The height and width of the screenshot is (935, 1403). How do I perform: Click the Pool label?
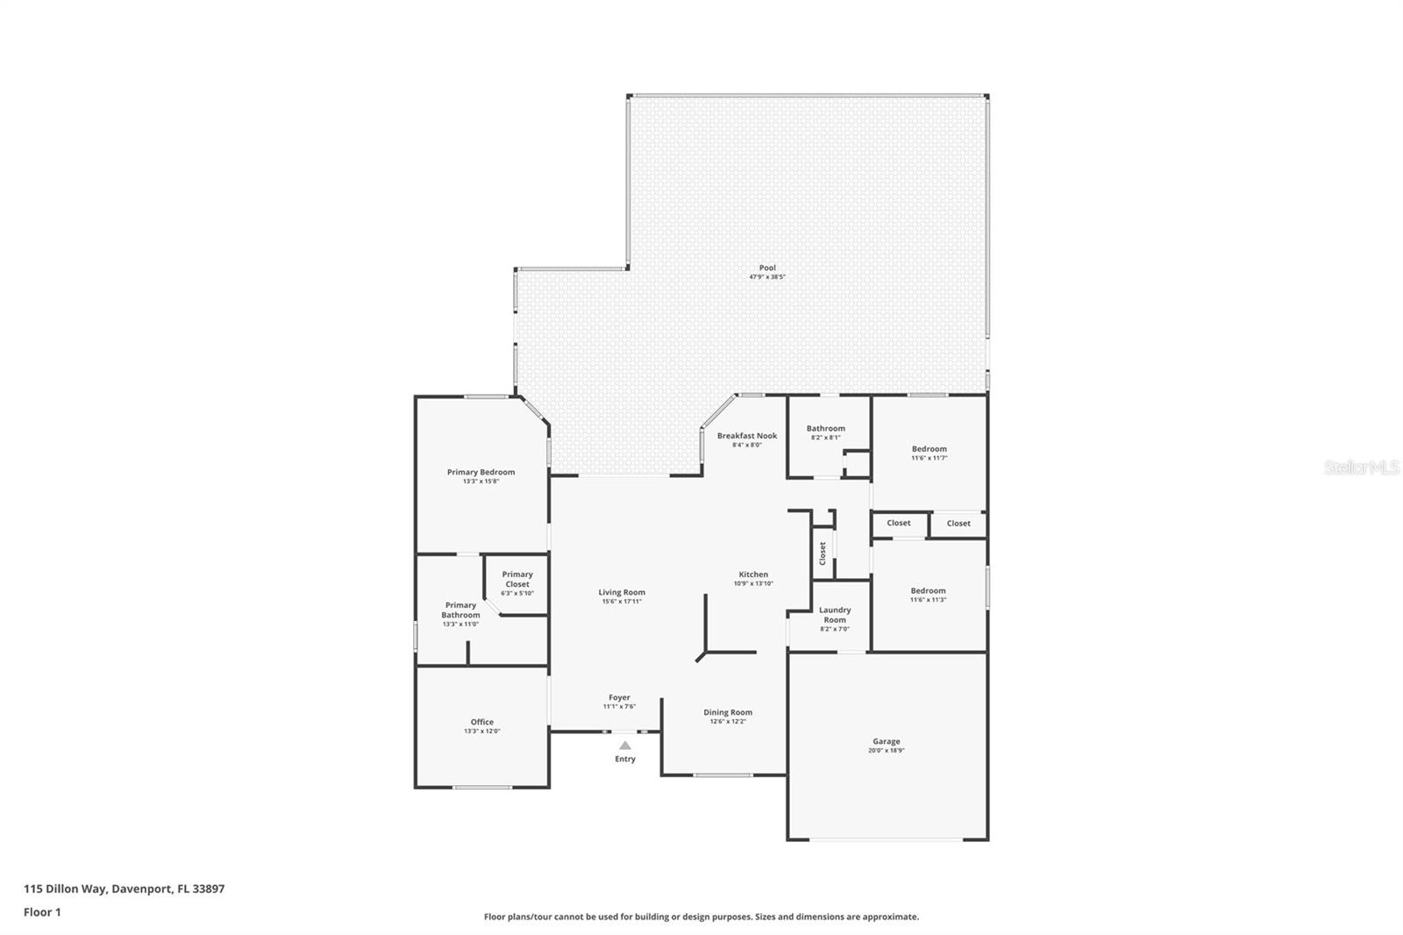(x=767, y=268)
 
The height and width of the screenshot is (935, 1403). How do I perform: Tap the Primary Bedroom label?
(x=481, y=472)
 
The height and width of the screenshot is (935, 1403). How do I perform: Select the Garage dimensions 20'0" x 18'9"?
(x=887, y=750)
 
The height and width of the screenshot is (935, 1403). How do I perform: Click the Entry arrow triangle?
(x=625, y=746)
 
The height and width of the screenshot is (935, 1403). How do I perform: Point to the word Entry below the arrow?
(x=625, y=759)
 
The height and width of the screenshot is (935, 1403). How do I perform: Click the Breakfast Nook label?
(x=747, y=436)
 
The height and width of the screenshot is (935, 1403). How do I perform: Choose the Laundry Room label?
(x=835, y=615)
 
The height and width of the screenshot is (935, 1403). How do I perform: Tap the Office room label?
(x=482, y=722)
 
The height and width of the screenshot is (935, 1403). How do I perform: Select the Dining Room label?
(x=728, y=712)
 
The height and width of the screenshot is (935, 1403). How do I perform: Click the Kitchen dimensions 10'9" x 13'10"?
(x=753, y=583)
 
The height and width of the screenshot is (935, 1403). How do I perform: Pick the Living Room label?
(x=622, y=592)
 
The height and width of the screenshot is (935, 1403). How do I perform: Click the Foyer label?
(x=619, y=697)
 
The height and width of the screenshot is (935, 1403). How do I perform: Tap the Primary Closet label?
(x=517, y=579)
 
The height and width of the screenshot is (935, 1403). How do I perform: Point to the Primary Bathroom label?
(x=461, y=610)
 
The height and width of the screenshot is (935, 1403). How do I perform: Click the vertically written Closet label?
(x=823, y=553)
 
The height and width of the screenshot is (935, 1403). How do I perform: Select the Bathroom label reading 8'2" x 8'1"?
(x=826, y=438)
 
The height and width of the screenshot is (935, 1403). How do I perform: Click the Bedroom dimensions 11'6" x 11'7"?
(x=929, y=458)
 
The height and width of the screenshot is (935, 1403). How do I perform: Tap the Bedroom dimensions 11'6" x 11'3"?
(x=929, y=600)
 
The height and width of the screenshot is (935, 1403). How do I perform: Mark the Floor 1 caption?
(x=43, y=912)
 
